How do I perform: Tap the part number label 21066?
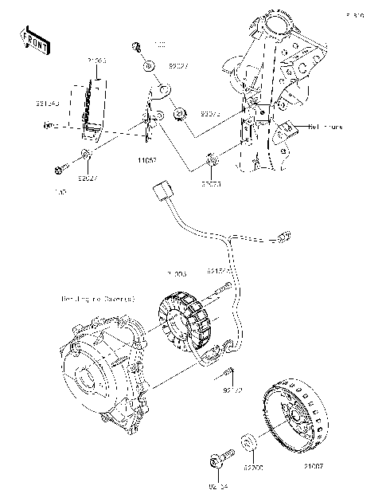[97, 61]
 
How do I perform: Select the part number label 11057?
[146, 160]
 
